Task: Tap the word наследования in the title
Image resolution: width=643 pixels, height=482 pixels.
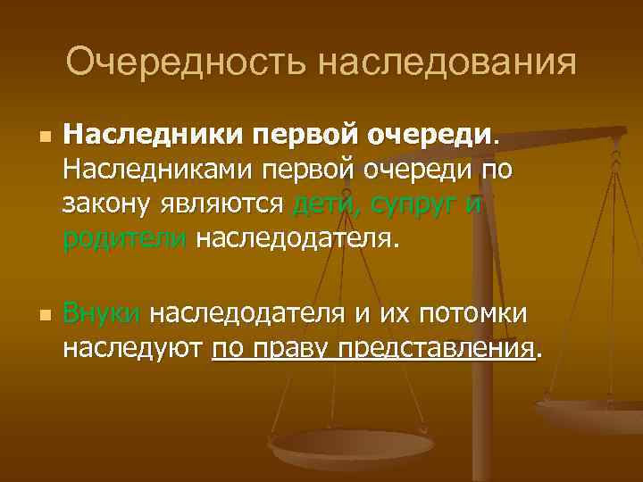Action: pos(447,63)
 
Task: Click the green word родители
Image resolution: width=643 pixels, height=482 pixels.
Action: pos(124,238)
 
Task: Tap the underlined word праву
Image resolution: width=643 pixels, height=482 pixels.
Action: pos(291,347)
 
